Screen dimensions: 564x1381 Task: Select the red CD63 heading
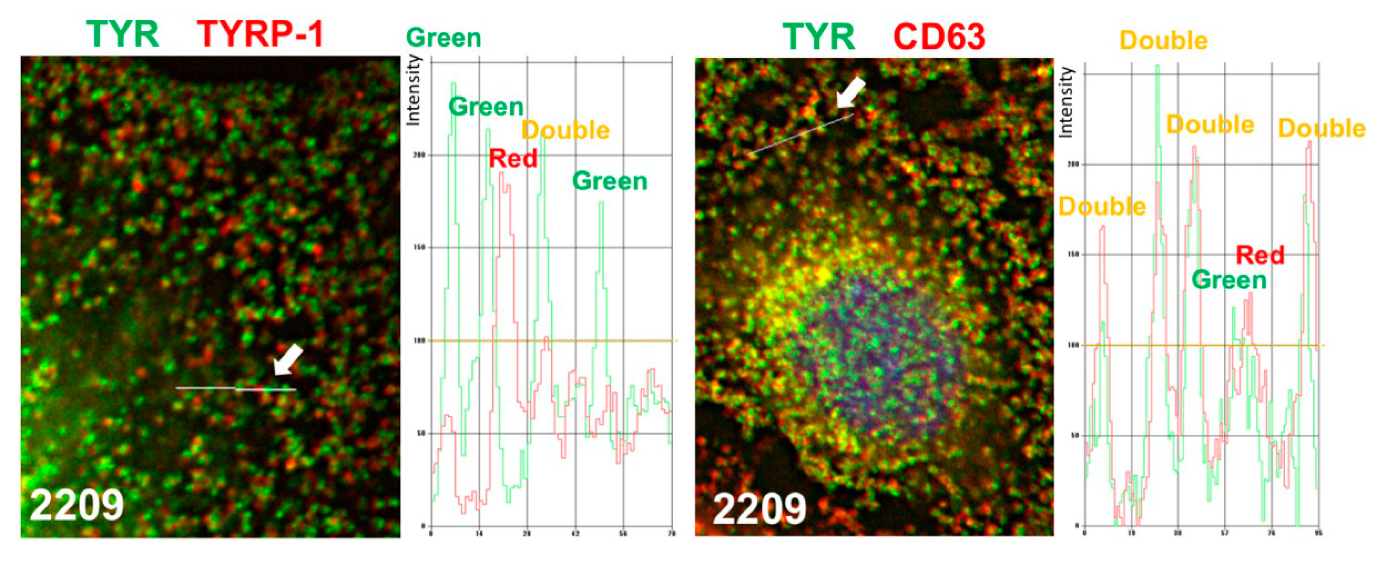pyautogui.click(x=939, y=37)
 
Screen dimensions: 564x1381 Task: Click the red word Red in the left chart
pyautogui.click(x=513, y=159)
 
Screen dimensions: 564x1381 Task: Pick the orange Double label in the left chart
pyautogui.click(x=566, y=130)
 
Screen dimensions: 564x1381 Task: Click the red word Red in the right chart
pyautogui.click(x=1260, y=256)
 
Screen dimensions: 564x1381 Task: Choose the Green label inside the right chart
pyautogui.click(x=1229, y=280)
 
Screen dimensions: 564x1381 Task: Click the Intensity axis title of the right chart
pyautogui.click(x=1067, y=102)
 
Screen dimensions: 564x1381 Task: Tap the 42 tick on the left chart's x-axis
pyautogui.click(x=575, y=534)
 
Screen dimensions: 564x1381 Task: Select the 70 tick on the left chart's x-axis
pyautogui.click(x=671, y=534)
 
